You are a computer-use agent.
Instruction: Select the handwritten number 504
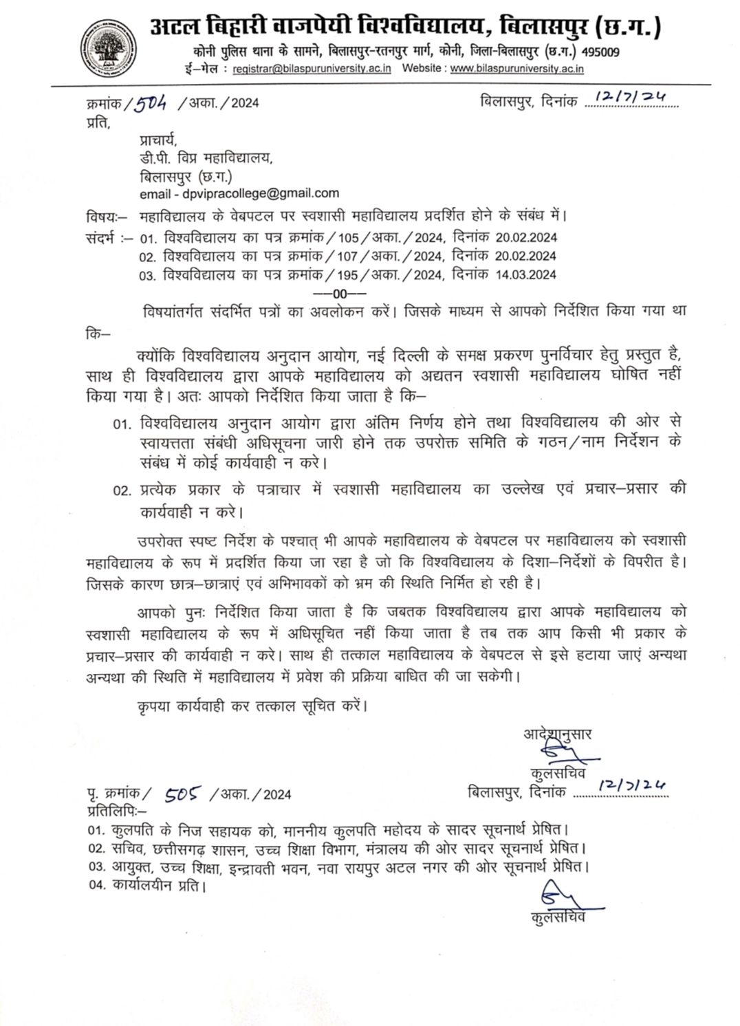(x=150, y=104)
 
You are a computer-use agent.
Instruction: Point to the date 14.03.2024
(x=525, y=274)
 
